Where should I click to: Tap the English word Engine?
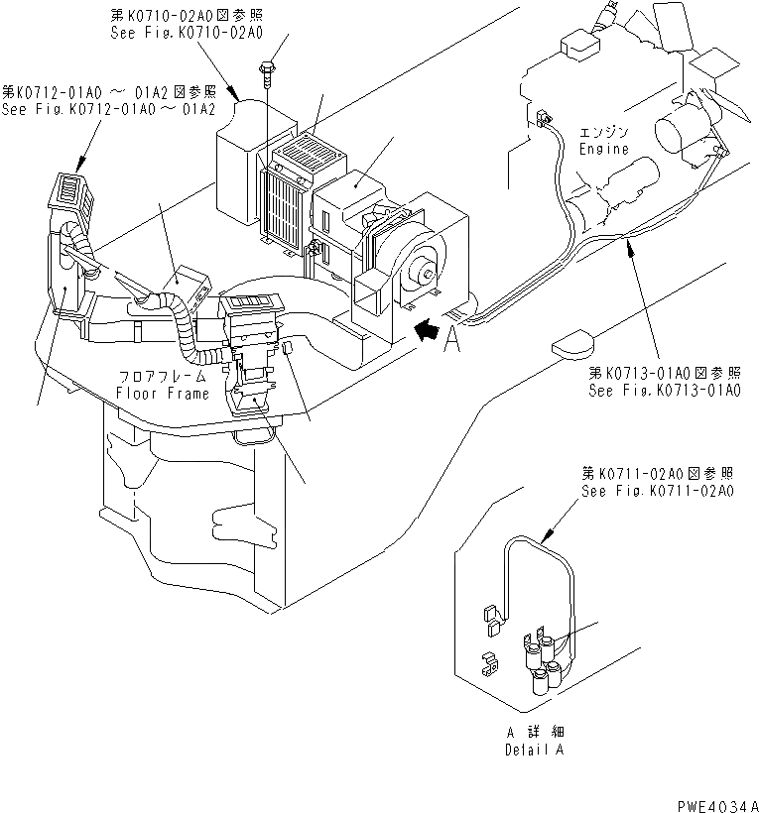[x=603, y=150]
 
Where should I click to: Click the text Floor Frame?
[x=162, y=394]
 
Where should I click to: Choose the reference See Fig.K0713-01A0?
[x=666, y=391]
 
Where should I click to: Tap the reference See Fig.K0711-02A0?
[x=658, y=491]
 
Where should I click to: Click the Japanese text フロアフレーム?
[x=162, y=378]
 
